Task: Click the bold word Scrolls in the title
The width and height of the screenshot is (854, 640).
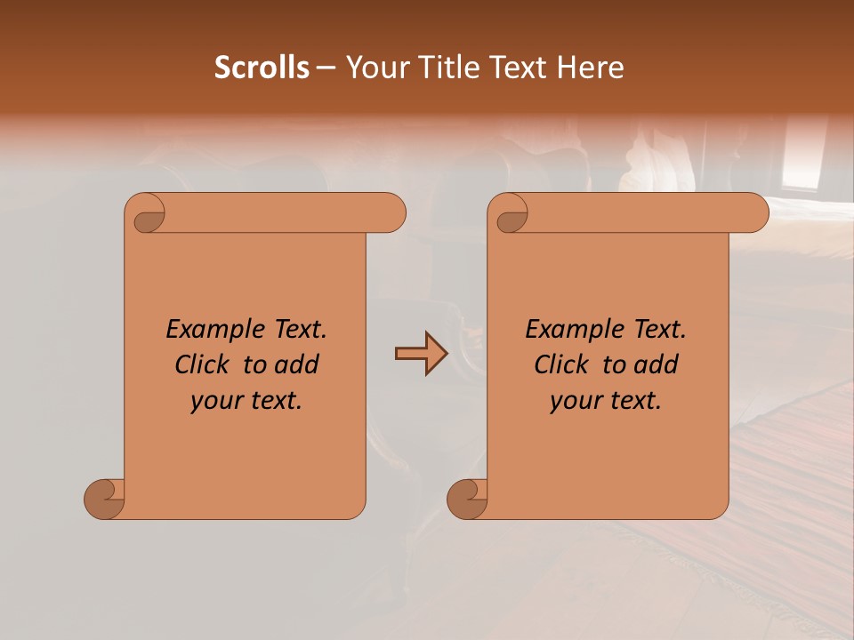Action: (262, 68)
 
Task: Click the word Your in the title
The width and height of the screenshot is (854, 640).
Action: (375, 68)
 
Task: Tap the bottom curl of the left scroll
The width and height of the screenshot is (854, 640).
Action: (104, 498)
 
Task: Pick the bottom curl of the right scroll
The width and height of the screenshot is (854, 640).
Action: (467, 498)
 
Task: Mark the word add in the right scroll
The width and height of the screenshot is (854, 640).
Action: (657, 364)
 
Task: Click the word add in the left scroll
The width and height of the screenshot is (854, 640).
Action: (298, 364)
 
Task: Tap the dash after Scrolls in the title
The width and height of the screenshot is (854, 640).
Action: (325, 68)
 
